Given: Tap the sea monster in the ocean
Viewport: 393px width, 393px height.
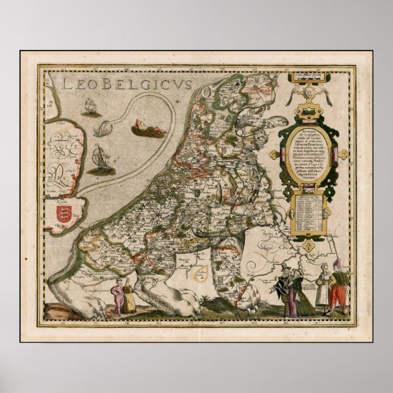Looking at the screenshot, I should pyautogui.click(x=148, y=131).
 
